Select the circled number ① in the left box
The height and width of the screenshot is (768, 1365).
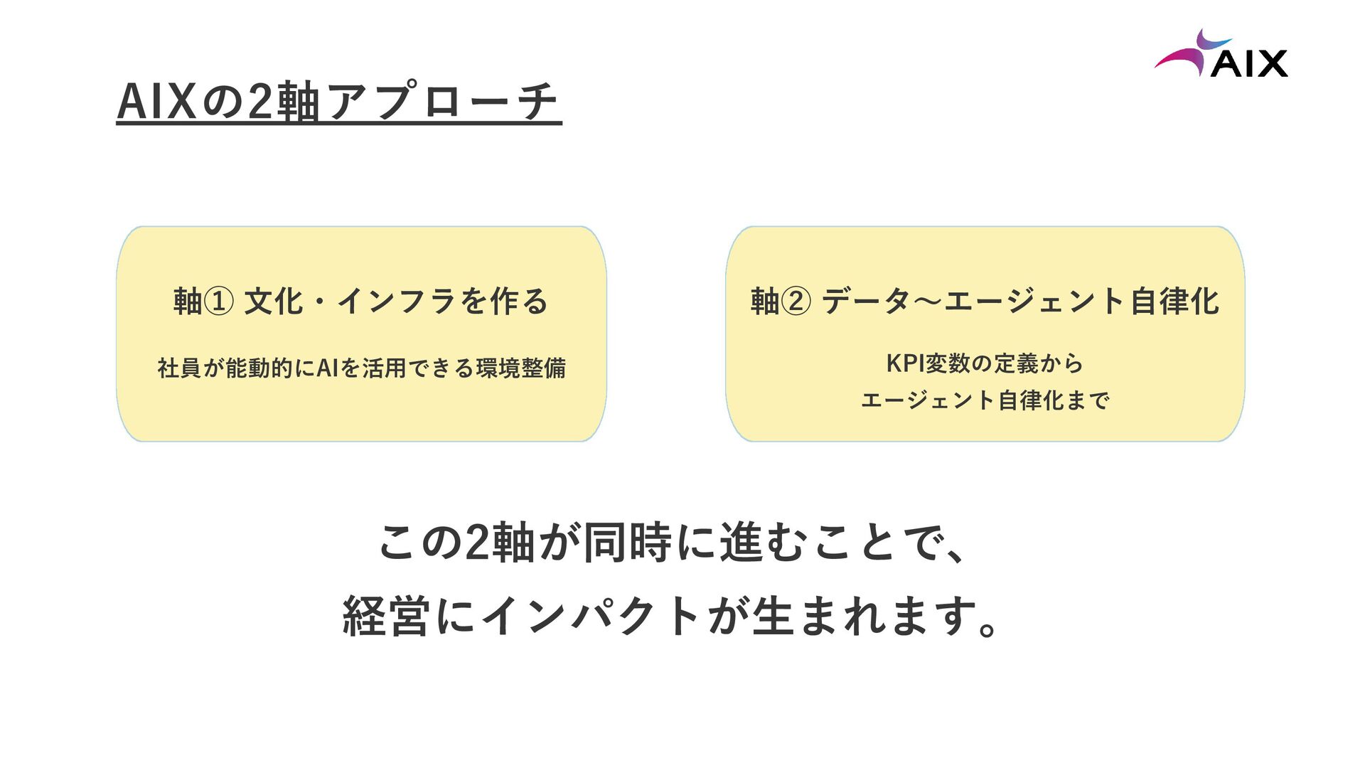[x=218, y=301]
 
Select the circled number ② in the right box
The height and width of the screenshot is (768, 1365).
[x=796, y=301]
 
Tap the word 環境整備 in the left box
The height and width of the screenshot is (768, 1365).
[x=521, y=368]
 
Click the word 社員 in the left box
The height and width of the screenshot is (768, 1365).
[x=179, y=368]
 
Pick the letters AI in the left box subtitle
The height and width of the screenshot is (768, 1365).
[x=326, y=368]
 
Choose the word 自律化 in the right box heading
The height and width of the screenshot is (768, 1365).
[x=1174, y=301]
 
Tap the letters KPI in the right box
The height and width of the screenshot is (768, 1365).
[x=905, y=363]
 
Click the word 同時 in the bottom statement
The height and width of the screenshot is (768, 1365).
[x=628, y=543]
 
